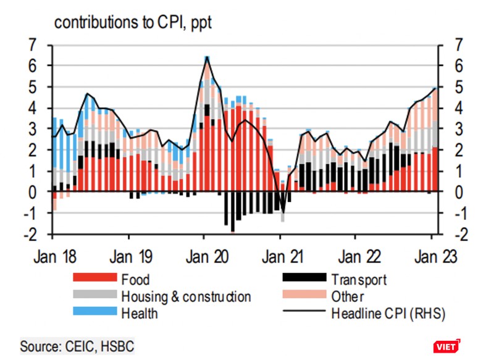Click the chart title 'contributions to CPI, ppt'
[x=133, y=23]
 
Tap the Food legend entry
[x=135, y=280]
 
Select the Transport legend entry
[x=358, y=280]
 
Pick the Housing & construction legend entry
[x=186, y=296]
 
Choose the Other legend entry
[x=348, y=296]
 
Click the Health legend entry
[x=139, y=313]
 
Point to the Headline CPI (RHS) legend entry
[x=387, y=313]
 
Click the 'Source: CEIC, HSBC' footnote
[x=77, y=343]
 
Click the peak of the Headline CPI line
[x=206, y=57]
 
